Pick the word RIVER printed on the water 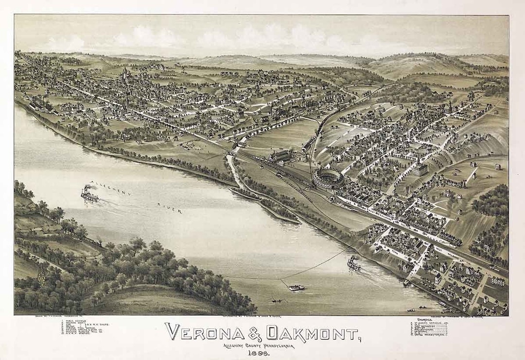[169, 208]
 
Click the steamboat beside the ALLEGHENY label [89, 196]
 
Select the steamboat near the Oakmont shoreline [353, 265]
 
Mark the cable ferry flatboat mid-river [296, 288]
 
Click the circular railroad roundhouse [328, 178]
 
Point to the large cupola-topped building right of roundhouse [420, 168]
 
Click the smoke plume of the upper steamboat [90, 187]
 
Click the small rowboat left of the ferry [276, 301]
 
